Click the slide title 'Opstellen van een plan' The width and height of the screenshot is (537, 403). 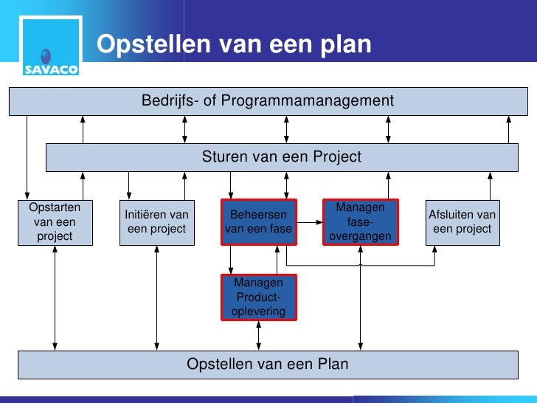click(234, 45)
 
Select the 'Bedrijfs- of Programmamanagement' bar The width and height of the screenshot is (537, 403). click(268, 100)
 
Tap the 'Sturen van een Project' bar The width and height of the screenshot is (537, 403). click(282, 156)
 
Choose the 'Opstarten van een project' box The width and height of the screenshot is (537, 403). click(55, 221)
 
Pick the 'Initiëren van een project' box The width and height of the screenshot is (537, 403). click(156, 221)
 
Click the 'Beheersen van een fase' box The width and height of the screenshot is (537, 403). click(258, 221)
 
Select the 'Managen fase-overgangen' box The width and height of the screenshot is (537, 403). click(361, 221)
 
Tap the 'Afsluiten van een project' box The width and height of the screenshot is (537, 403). click(462, 221)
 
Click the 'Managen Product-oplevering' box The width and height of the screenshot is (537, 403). click(258, 297)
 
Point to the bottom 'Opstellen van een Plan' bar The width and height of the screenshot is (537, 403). click(268, 365)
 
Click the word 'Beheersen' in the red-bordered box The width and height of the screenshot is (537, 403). click(258, 215)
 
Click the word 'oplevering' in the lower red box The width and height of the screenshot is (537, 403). click(258, 311)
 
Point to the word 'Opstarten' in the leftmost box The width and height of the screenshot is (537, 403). click(55, 207)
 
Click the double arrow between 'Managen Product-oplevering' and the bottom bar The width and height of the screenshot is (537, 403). click(258, 335)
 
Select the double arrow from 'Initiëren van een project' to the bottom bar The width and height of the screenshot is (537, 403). click(156, 295)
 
